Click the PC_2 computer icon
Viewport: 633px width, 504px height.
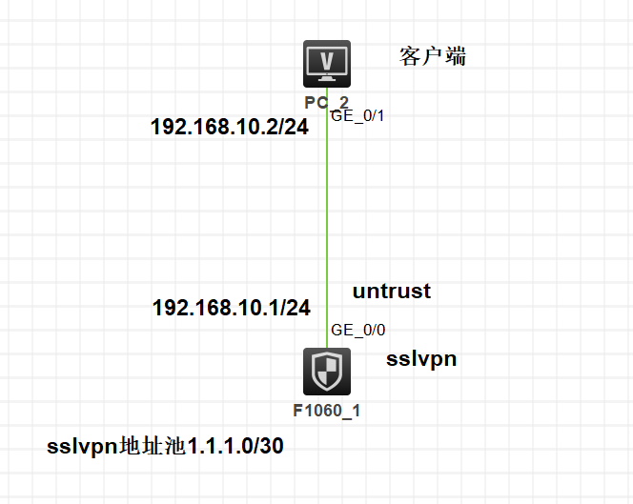click(326, 65)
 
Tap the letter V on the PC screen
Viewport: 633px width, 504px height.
click(326, 60)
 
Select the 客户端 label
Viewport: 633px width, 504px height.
click(433, 57)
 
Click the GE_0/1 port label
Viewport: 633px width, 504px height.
click(357, 115)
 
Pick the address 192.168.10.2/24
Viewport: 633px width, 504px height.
click(229, 127)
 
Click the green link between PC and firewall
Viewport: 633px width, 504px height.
click(327, 219)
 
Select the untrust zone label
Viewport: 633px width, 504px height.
click(391, 292)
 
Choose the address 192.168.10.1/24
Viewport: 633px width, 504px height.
click(231, 307)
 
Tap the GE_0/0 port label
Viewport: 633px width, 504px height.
click(357, 331)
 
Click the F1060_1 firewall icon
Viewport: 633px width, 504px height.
click(326, 372)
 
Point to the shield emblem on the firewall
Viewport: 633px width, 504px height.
click(326, 372)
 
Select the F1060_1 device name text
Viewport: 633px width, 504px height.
click(326, 412)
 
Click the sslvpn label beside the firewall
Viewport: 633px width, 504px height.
click(420, 359)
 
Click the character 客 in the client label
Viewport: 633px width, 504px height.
click(410, 57)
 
